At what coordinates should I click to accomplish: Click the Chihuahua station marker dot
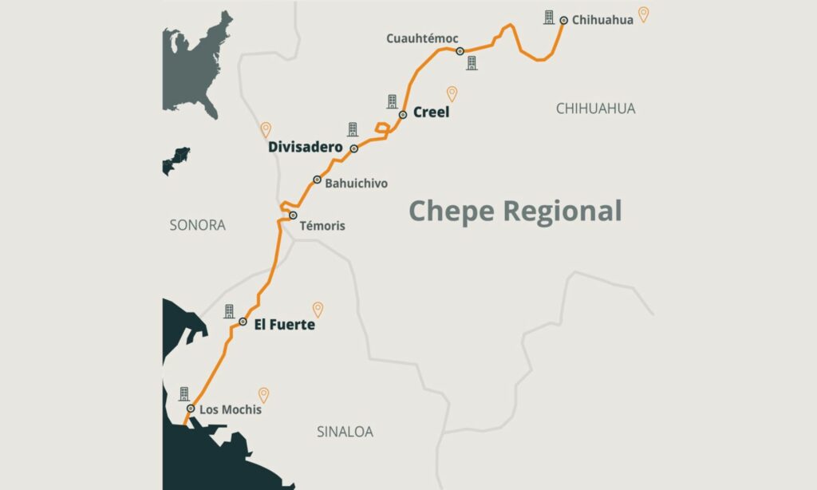tap(563, 20)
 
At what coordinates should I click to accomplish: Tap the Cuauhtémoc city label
tap(422, 38)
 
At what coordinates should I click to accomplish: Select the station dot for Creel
tap(403, 114)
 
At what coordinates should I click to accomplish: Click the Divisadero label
tap(305, 148)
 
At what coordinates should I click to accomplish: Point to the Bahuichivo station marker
tap(317, 180)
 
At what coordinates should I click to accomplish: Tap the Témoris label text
tap(322, 226)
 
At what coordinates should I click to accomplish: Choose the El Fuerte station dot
tap(243, 322)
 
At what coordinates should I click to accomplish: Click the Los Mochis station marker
tap(190, 409)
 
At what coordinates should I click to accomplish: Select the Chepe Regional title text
tap(515, 211)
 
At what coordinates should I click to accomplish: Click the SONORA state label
tap(197, 226)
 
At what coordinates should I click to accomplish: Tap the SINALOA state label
tap(345, 433)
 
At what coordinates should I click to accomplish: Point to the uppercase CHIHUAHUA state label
tap(595, 109)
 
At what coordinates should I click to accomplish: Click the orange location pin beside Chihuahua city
tap(643, 14)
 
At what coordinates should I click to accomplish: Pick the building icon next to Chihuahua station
tap(549, 17)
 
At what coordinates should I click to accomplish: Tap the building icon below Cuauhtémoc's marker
tap(472, 63)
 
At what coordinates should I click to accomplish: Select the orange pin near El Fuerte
tap(318, 310)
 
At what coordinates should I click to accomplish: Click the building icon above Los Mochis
tap(184, 393)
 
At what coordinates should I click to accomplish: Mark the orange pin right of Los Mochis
tap(263, 395)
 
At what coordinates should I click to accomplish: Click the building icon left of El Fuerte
tap(229, 311)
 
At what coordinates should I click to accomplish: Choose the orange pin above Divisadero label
tap(266, 130)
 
